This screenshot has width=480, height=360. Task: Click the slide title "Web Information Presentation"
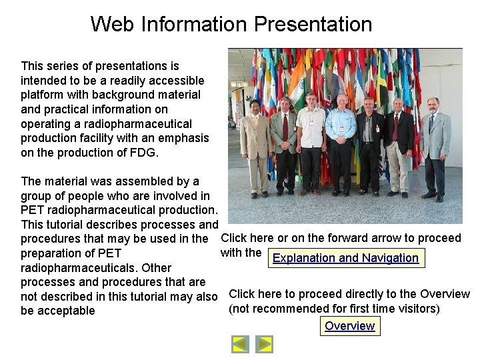(x=231, y=24)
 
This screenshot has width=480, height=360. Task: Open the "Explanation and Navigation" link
(x=345, y=258)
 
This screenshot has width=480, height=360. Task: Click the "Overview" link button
(x=349, y=326)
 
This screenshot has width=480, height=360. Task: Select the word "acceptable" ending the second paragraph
(x=66, y=311)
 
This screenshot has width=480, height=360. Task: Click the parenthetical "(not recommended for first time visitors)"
(x=334, y=309)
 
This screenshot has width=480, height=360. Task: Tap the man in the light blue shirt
(x=341, y=143)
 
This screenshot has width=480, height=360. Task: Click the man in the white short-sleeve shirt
(x=311, y=143)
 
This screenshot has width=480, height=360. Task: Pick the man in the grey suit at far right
(x=435, y=147)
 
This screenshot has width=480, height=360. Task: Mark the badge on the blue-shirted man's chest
(x=342, y=129)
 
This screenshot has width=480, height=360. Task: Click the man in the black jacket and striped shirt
(x=369, y=147)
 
